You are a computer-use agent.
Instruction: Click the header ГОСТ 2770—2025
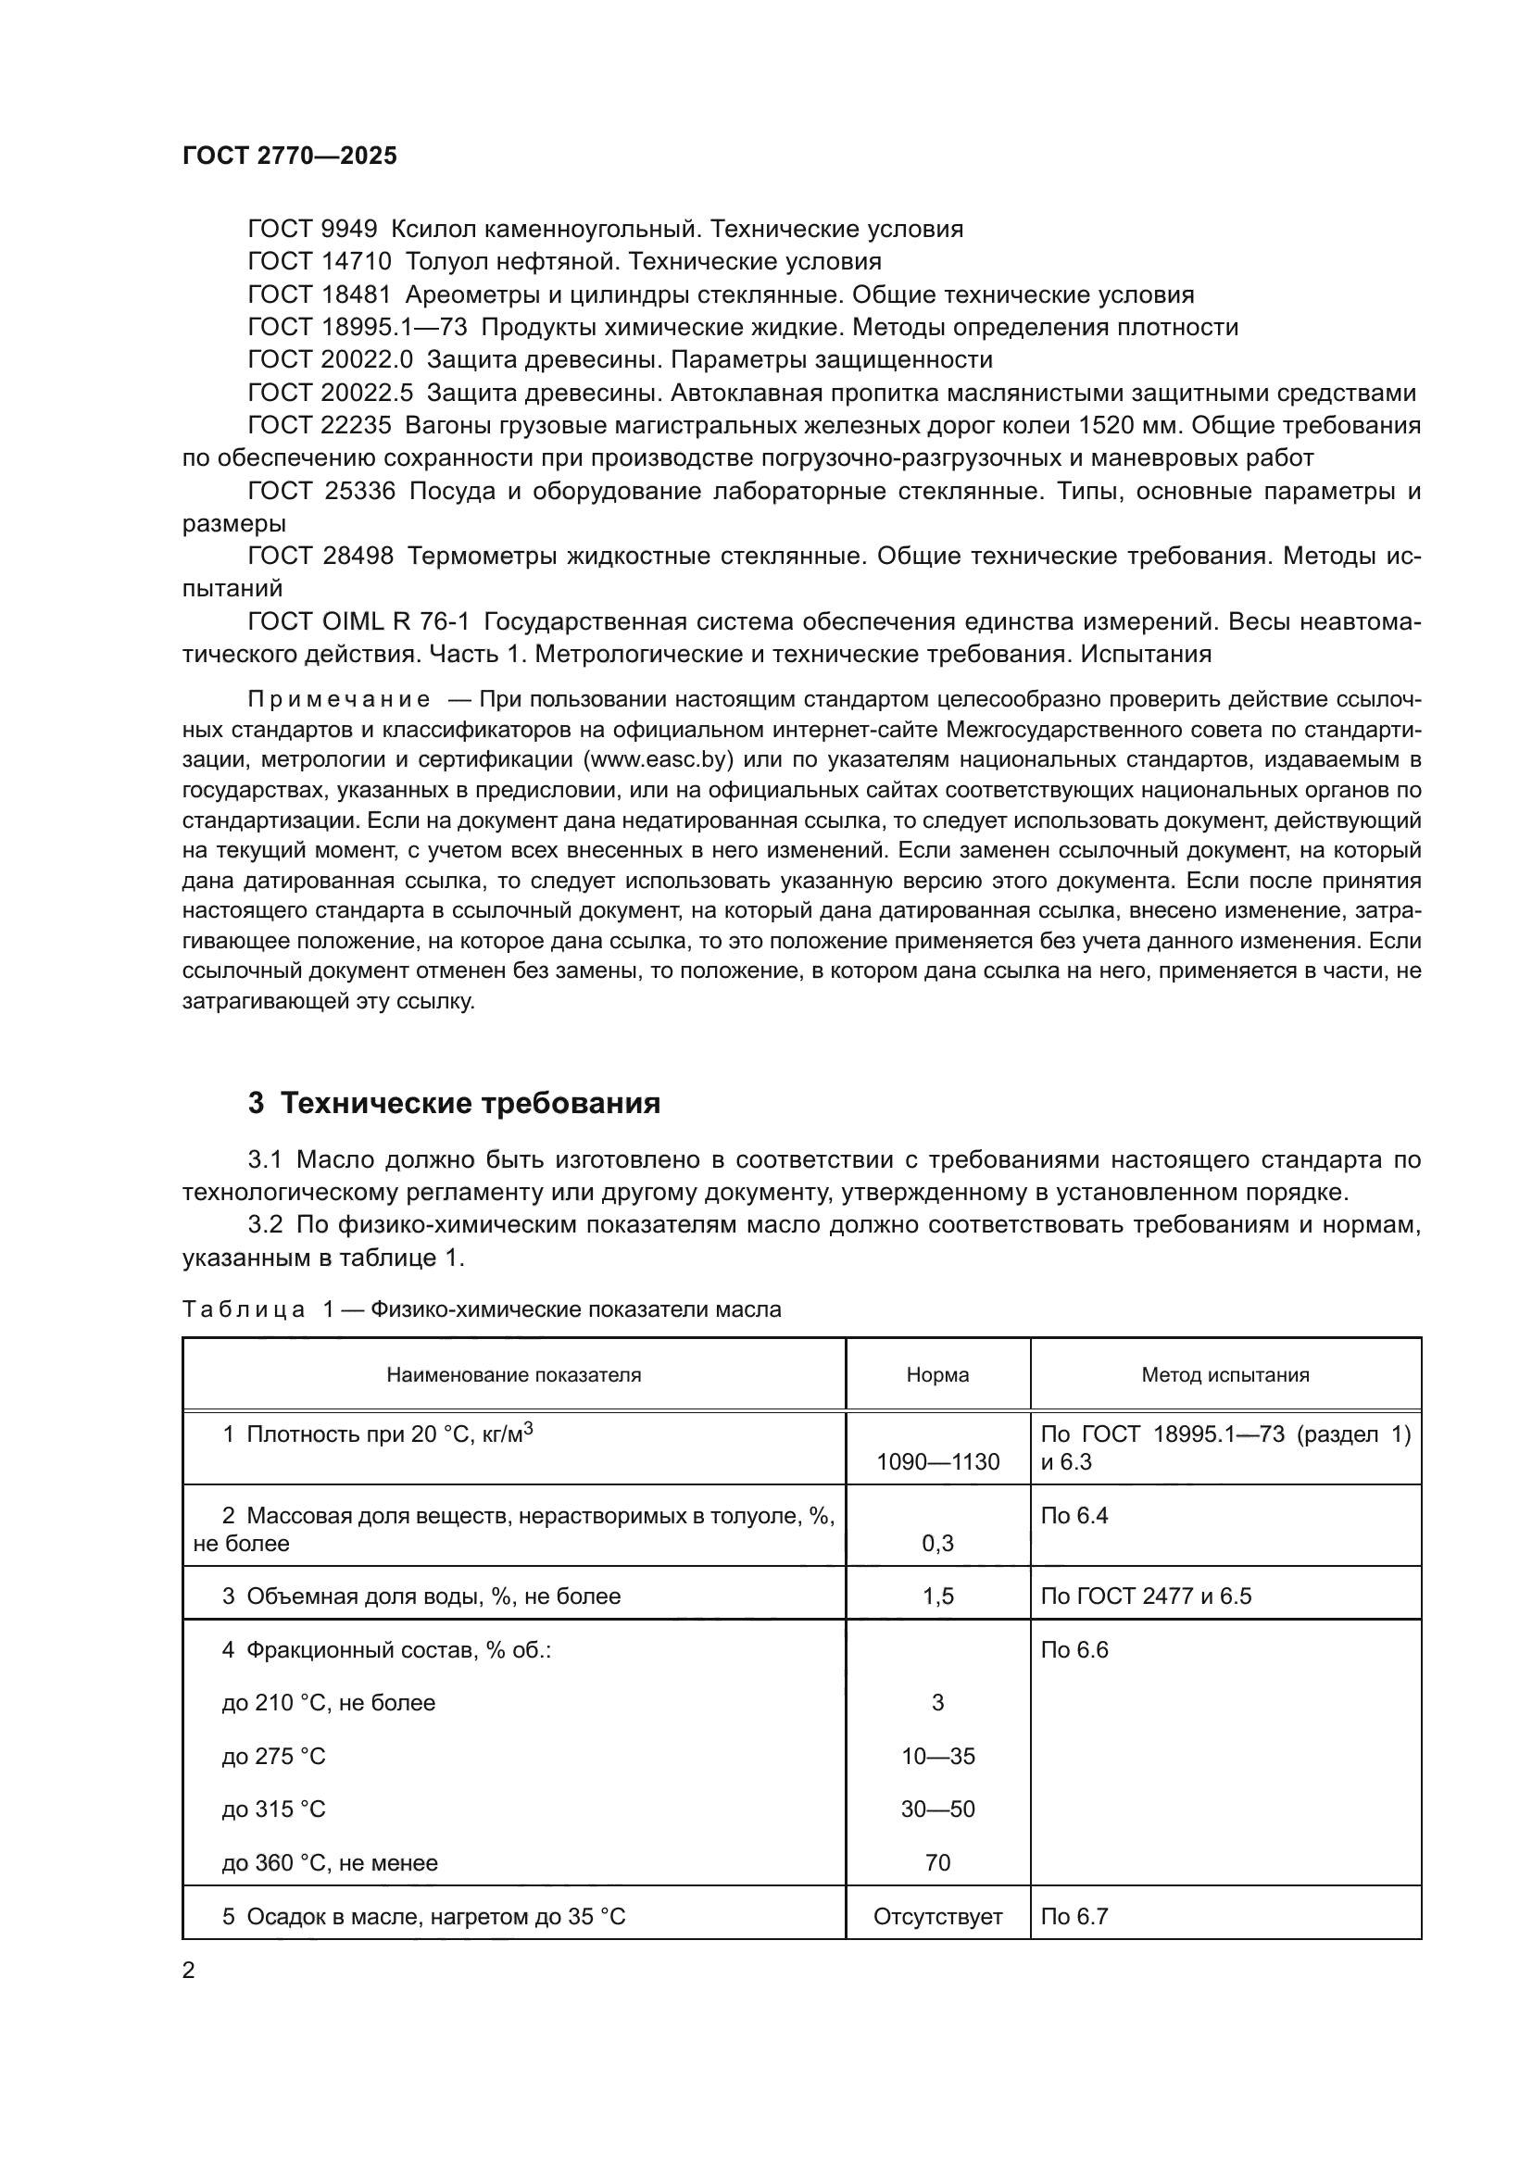(x=290, y=156)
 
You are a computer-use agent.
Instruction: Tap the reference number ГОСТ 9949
(x=312, y=230)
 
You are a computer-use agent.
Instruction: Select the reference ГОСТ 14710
(x=319, y=261)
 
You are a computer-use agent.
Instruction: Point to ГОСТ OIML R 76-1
(x=358, y=621)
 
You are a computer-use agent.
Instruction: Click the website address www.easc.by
(x=659, y=760)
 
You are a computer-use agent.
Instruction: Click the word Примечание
(x=339, y=700)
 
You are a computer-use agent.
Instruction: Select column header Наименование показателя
(x=513, y=1374)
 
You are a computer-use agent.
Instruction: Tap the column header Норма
(x=936, y=1374)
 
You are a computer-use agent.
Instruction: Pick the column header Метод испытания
(x=1224, y=1374)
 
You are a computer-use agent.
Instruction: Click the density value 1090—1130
(x=936, y=1461)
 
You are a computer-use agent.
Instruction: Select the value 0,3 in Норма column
(x=936, y=1543)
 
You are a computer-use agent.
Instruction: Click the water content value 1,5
(x=936, y=1596)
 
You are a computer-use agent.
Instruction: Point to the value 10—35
(x=936, y=1756)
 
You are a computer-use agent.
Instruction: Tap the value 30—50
(x=936, y=1809)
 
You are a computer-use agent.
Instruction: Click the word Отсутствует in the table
(x=936, y=1916)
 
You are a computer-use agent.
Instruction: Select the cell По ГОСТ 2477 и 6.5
(x=1145, y=1596)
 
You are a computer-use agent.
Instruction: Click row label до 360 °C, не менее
(x=329, y=1862)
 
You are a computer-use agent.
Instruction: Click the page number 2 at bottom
(x=189, y=1971)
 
